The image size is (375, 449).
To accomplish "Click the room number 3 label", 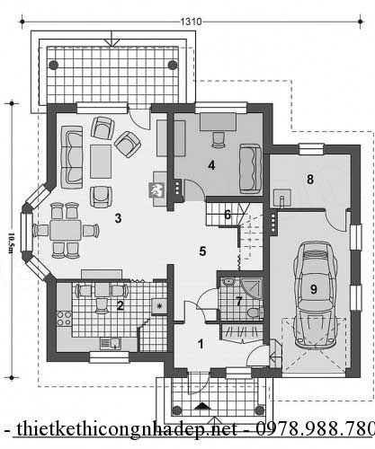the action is (x=118, y=218).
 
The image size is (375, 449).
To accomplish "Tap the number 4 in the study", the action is (x=211, y=165).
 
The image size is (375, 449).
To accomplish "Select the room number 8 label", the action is (x=310, y=179).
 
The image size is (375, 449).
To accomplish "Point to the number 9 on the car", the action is (x=314, y=289).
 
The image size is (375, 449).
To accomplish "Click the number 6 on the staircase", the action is (x=228, y=215).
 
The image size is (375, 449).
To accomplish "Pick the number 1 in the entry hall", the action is (x=201, y=344).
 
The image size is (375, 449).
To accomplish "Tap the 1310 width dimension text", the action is (x=191, y=22).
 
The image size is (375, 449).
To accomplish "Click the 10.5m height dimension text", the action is (x=10, y=242).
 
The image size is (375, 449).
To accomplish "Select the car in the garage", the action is (x=314, y=295).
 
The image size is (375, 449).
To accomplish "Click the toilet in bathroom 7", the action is (x=254, y=313).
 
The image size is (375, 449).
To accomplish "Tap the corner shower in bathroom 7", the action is (x=251, y=288).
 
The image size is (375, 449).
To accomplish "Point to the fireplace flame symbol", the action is (x=156, y=190).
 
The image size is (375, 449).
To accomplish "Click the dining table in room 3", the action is (x=66, y=230).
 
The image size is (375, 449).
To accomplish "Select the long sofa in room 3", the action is (x=72, y=157).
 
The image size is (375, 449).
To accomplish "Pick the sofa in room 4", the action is (x=250, y=169).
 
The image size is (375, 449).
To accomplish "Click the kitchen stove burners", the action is (x=64, y=319).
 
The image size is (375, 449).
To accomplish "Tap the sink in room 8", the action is (x=281, y=198).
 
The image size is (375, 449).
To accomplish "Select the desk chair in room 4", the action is (x=219, y=139).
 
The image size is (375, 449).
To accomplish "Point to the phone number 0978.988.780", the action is (x=316, y=429).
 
